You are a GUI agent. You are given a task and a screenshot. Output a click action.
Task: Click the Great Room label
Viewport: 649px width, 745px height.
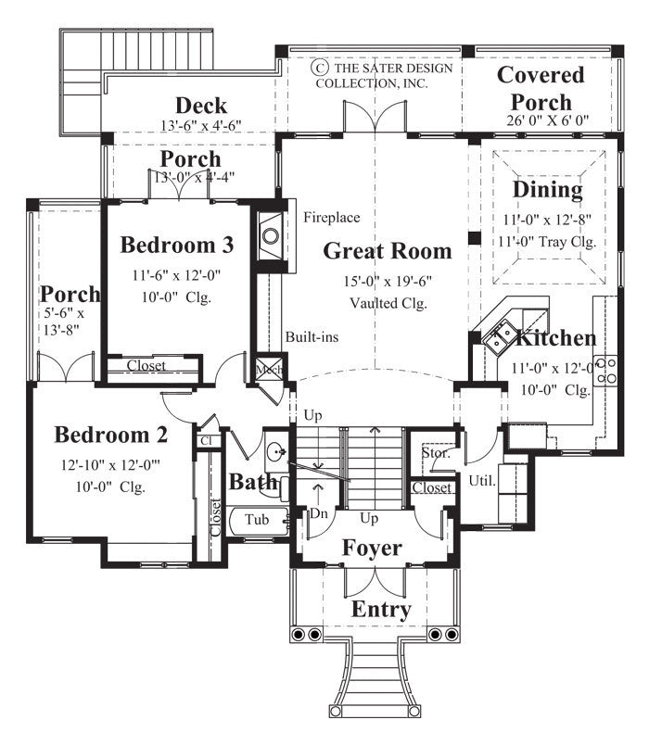click(x=388, y=250)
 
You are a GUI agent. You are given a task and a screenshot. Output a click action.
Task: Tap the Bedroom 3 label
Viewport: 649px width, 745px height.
click(x=176, y=246)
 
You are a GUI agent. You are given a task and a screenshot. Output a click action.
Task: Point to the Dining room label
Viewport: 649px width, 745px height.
click(x=548, y=190)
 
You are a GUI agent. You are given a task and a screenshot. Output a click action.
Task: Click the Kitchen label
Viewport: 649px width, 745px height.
click(x=555, y=338)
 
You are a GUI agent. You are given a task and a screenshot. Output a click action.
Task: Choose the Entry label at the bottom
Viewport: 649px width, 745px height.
click(x=380, y=610)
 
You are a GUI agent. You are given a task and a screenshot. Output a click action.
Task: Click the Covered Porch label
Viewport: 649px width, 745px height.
click(x=541, y=88)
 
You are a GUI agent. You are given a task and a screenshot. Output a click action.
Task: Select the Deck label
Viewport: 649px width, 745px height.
click(x=201, y=106)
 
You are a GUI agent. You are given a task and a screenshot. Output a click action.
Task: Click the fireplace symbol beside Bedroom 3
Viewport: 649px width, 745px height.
click(x=271, y=234)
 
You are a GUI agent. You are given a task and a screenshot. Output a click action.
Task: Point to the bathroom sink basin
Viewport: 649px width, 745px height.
click(x=274, y=453)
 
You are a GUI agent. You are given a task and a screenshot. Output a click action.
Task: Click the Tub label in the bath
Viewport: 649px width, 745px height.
click(x=257, y=520)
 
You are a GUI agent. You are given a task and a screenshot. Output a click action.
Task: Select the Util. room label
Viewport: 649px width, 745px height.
click(x=482, y=481)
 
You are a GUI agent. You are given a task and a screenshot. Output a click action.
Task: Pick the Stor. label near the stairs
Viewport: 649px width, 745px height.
click(x=435, y=454)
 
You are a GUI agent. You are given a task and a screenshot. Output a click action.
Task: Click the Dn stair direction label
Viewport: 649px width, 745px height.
click(x=317, y=511)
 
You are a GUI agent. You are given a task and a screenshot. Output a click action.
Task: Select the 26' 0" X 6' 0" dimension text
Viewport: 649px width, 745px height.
click(x=541, y=120)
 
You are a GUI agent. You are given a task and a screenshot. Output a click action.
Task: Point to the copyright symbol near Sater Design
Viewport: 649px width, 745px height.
click(x=320, y=68)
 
